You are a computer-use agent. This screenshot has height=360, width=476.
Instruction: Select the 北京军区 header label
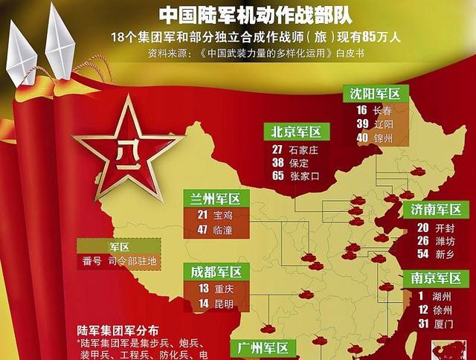[296, 132]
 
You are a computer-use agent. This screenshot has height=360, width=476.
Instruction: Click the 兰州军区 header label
[216, 199]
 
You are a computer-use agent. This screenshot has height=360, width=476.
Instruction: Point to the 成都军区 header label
[216, 271]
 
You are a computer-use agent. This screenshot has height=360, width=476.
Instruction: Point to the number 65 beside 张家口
[278, 176]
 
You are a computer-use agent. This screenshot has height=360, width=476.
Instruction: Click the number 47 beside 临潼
[202, 228]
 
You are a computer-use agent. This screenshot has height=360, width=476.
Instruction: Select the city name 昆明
[222, 303]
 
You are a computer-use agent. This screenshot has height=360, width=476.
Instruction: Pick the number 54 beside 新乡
[422, 254]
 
